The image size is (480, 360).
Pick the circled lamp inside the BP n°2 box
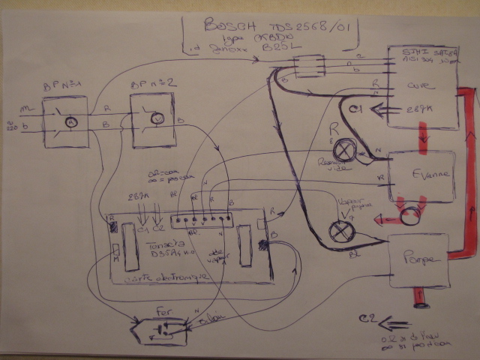pyautogui.click(x=158, y=118)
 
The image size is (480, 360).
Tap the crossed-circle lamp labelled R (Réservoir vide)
pyautogui.click(x=345, y=150)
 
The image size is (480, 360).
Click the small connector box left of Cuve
pyautogui.click(x=308, y=70)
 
